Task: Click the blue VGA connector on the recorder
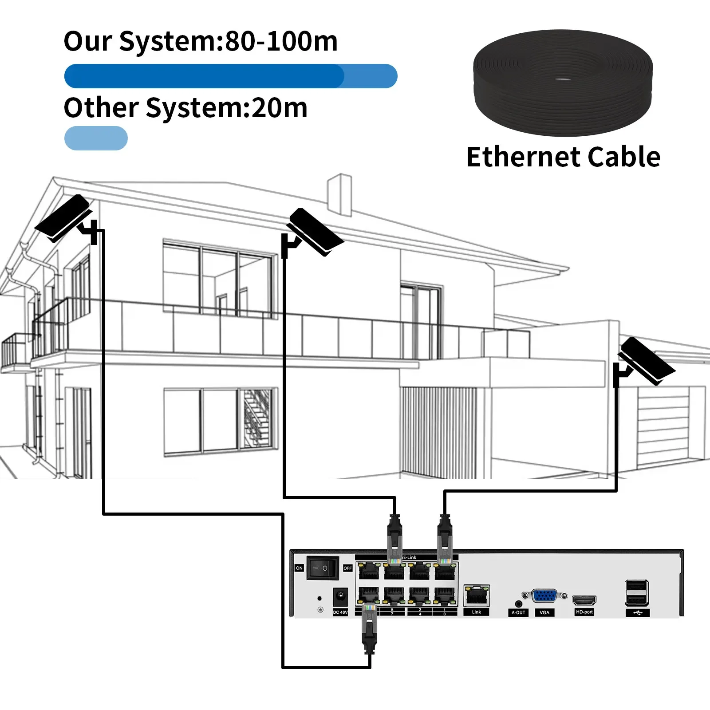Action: pos(544,596)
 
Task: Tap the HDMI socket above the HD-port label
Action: pos(584,600)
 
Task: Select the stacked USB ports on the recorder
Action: pos(637,592)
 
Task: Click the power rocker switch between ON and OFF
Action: pos(323,568)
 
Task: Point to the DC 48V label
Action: pos(340,612)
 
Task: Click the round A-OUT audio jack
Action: pos(518,603)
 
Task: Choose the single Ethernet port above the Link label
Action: pos(477,596)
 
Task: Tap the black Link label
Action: pos(477,612)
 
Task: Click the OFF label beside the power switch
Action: pos(347,568)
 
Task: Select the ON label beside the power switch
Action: pos(299,568)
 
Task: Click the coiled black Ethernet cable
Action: pos(563,82)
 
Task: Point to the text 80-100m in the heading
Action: pos(281,41)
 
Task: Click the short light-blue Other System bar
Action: pos(96,138)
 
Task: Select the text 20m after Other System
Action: pos(279,108)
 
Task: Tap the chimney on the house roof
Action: pos(339,194)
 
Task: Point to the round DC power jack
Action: pos(340,596)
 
